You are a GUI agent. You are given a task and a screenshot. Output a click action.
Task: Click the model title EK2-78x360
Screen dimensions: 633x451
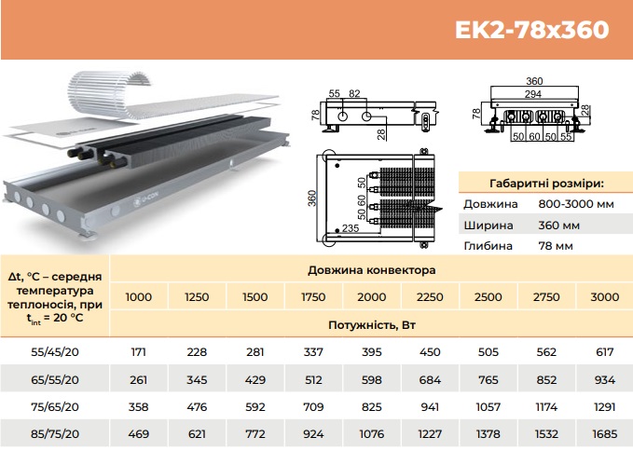[531, 30]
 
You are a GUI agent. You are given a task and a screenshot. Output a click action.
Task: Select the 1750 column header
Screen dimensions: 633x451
[313, 297]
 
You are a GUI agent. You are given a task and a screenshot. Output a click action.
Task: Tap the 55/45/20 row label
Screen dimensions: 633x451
[55, 352]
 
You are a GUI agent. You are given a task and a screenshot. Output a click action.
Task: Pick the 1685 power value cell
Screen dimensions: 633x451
[604, 434]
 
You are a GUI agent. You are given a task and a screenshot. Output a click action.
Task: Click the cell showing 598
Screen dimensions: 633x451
[371, 380]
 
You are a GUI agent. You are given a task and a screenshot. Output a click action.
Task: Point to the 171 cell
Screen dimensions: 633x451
[139, 352]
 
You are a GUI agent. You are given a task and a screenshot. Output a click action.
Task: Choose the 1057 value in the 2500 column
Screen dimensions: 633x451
[489, 407]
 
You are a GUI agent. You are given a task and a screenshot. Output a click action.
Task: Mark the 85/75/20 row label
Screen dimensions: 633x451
[55, 434]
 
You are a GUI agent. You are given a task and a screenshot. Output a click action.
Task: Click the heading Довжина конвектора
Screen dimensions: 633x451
[371, 270]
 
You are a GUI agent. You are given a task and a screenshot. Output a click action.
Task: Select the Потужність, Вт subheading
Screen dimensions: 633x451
[371, 324]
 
